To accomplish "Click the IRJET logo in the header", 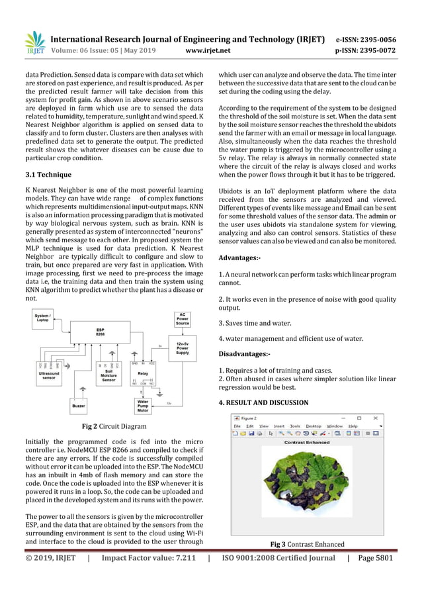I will [34, 42].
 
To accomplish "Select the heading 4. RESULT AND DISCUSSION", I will [263, 402].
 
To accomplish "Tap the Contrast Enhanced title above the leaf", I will [306, 442].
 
